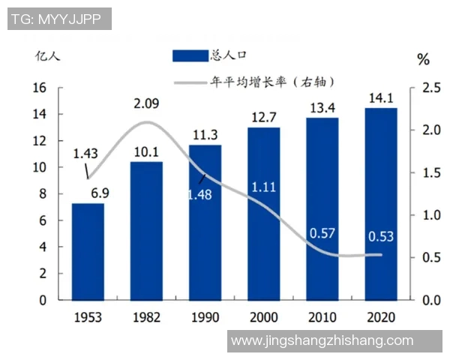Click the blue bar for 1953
[88, 251]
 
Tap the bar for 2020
[381, 203]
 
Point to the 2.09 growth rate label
[147, 103]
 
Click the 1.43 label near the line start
[85, 154]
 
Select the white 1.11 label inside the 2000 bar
[263, 187]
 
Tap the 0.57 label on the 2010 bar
[322, 234]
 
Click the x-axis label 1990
[205, 317]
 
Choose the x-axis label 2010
[322, 317]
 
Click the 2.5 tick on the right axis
[430, 88]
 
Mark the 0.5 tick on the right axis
[430, 258]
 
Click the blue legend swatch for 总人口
[190, 55]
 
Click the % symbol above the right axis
[424, 58]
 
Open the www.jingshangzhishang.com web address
[322, 340]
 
